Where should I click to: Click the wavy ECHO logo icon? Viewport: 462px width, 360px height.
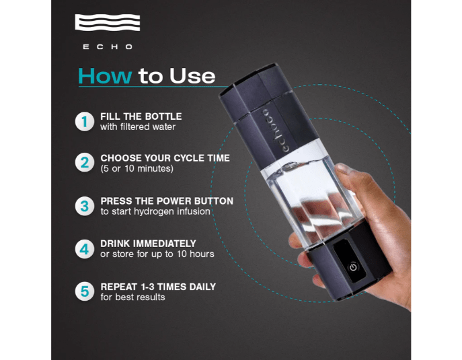tap(108, 22)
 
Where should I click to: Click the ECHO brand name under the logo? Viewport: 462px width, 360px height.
tap(108, 47)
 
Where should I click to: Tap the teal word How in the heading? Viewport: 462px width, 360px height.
tap(105, 76)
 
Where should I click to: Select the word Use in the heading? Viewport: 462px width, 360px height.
tap(192, 76)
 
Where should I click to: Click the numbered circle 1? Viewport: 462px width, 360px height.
tap(85, 121)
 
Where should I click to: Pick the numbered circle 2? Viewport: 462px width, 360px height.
tap(85, 162)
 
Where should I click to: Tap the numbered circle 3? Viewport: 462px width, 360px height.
tap(85, 206)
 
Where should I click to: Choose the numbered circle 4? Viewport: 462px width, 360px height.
tap(85, 249)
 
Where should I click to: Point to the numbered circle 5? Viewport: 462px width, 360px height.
tap(85, 291)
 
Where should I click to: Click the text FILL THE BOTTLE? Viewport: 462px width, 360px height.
tap(141, 116)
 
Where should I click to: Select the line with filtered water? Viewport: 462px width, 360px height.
tap(138, 127)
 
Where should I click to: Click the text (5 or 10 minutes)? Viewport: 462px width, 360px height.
tap(137, 169)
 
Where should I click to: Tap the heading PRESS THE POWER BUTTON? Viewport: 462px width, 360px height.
tap(167, 201)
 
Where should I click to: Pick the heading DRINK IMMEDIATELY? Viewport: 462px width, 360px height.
tap(148, 244)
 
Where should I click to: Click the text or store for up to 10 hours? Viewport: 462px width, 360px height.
tap(157, 254)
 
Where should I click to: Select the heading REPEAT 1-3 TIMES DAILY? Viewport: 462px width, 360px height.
tap(158, 287)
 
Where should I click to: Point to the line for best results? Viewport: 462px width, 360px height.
tap(132, 297)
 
